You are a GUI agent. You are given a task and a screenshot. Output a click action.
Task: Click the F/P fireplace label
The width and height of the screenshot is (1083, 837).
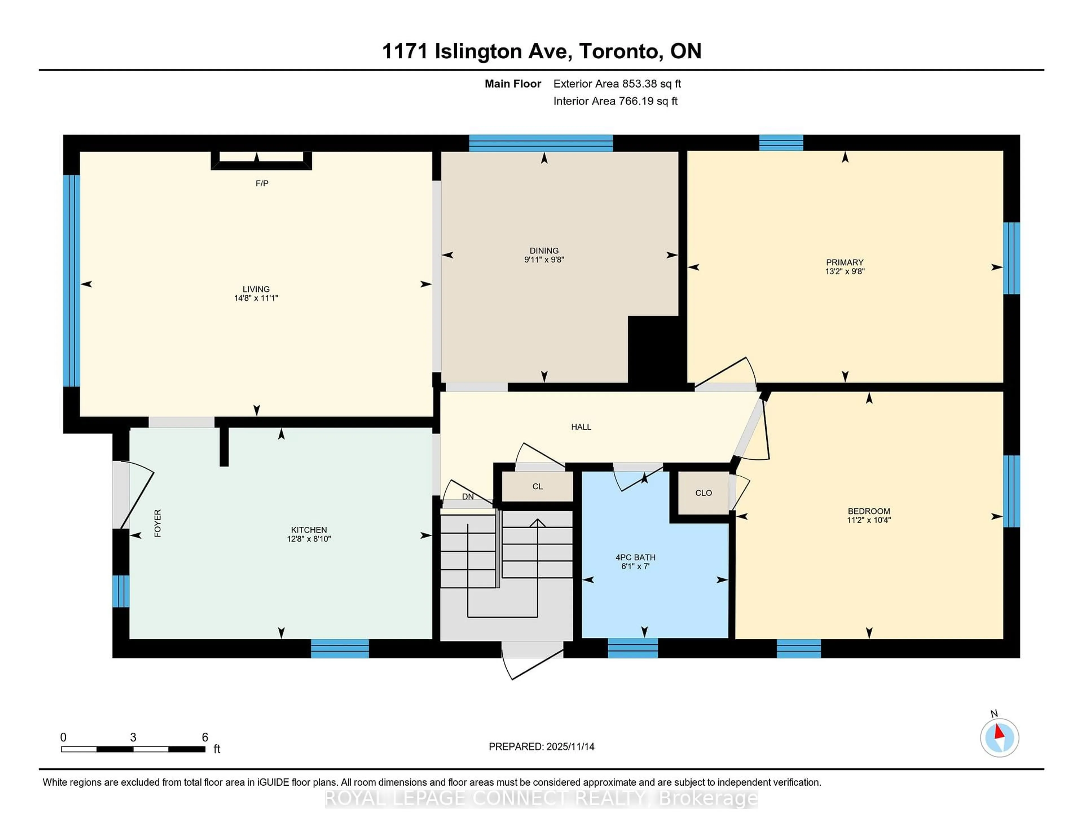[x=262, y=184]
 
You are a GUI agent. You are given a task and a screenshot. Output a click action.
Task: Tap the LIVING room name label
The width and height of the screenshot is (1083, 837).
[x=256, y=289]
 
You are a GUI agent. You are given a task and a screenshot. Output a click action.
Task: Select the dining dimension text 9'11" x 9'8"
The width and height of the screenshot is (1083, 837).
[x=544, y=259]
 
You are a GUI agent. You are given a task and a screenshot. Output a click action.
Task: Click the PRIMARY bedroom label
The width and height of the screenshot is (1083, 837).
[x=844, y=262]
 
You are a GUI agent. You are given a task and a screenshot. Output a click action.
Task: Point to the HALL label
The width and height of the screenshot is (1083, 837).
[x=581, y=427]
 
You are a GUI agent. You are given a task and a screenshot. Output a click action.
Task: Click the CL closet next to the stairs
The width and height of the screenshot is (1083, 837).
[x=538, y=486]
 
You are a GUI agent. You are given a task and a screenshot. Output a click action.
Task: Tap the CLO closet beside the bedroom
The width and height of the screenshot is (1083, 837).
[x=703, y=493]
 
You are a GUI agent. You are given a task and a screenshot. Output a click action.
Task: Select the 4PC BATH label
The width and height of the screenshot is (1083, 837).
[x=635, y=557]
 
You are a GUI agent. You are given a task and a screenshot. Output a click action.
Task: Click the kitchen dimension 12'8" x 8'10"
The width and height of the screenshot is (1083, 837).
[x=309, y=539]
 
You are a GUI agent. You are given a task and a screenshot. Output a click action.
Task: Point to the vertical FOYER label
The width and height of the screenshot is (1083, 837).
[x=158, y=523]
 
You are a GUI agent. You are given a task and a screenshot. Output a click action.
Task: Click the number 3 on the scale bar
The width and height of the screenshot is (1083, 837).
[x=133, y=737]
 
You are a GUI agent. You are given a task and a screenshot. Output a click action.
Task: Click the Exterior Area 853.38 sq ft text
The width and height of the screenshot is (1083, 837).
[x=617, y=84]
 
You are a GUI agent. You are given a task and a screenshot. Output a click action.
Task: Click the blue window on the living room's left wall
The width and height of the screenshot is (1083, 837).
[x=72, y=280]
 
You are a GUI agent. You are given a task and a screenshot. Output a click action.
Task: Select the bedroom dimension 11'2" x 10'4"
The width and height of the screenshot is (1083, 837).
[x=869, y=520]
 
